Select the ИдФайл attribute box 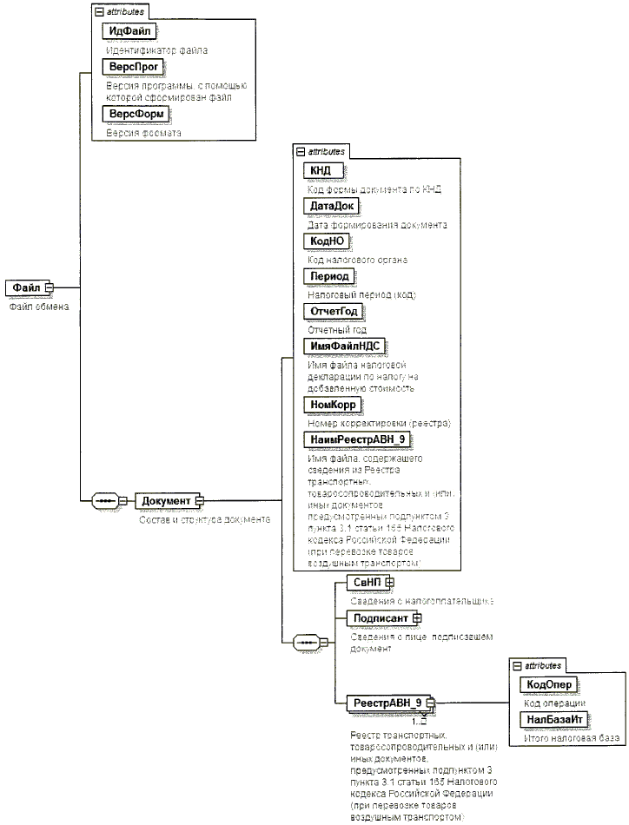pos(129,32)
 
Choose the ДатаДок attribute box pos(330,206)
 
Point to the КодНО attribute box pos(328,241)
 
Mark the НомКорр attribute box pos(333,404)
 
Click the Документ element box pos(165,501)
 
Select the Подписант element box pos(379,617)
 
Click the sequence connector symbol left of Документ pos(106,501)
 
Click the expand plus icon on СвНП pos(389,582)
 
